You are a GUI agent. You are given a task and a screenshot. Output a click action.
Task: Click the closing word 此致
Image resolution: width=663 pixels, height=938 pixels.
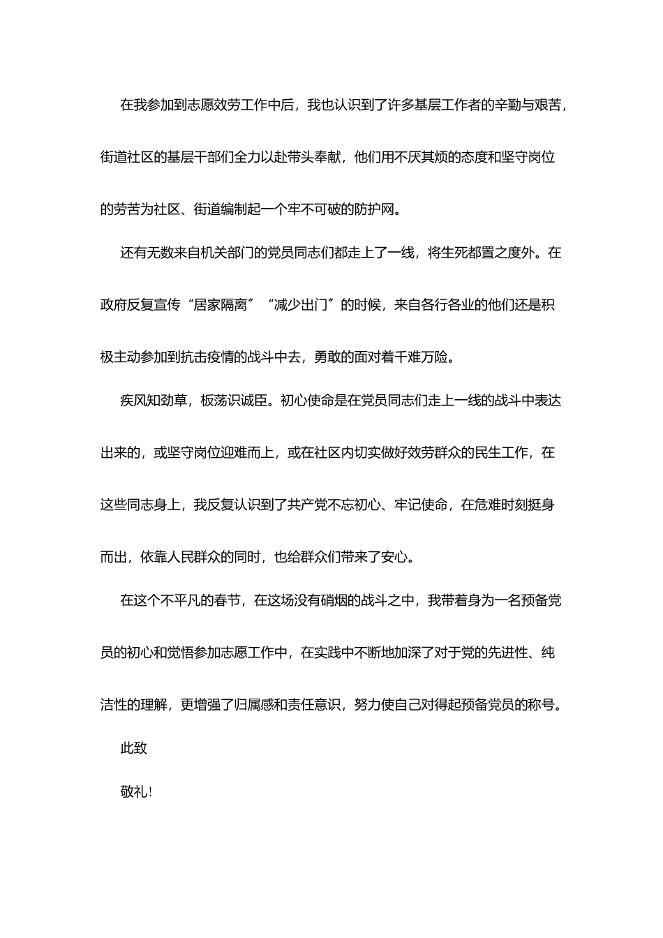134,748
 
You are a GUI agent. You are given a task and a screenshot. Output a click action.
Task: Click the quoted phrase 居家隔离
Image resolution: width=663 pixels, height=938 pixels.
221,305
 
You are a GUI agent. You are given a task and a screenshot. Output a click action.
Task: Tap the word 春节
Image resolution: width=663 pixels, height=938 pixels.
227,600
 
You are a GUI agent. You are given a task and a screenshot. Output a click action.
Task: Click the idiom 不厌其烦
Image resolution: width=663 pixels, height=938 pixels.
414,157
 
